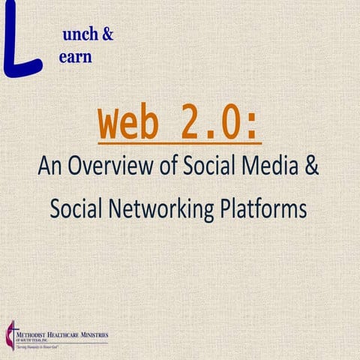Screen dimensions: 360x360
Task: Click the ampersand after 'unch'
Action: (107, 34)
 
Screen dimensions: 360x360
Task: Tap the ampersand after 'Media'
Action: (311, 166)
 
